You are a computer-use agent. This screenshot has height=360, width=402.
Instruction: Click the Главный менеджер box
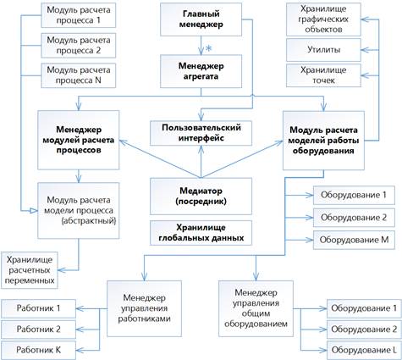coord(201,19)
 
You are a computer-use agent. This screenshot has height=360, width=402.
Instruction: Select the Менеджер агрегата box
coord(201,71)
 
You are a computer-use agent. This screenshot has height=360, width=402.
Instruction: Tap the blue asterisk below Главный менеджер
coord(208,48)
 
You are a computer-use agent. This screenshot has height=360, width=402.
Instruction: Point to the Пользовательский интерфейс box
coord(201,133)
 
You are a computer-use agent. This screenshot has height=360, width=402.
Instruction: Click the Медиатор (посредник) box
coord(201,197)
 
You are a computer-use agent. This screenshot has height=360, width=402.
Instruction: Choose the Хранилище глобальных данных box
coord(201,232)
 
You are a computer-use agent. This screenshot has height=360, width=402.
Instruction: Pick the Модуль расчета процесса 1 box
coord(79,15)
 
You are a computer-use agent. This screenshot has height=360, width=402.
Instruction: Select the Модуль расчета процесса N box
coord(79,75)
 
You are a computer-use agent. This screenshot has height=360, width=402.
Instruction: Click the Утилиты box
coord(323,50)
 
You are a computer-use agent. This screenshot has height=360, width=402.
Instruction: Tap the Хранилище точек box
coord(323,75)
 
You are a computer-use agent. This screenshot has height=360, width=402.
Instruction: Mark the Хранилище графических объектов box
coord(323,19)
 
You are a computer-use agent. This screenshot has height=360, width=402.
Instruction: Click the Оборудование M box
coord(354,240)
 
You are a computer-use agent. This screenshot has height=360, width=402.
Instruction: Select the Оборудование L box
coord(364,350)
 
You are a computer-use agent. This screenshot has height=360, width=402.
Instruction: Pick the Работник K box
coord(39,350)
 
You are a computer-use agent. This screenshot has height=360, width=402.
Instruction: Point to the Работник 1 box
coord(39,308)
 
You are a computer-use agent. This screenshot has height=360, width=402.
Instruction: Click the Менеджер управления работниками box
coord(144,308)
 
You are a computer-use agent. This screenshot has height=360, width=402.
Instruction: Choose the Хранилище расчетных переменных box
coord(30,270)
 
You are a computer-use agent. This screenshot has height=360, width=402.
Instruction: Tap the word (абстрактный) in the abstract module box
coord(89,221)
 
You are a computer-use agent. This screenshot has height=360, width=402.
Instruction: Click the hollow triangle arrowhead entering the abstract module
coord(34,211)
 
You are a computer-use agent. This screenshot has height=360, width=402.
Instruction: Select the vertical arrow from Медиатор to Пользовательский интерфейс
coord(201,162)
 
